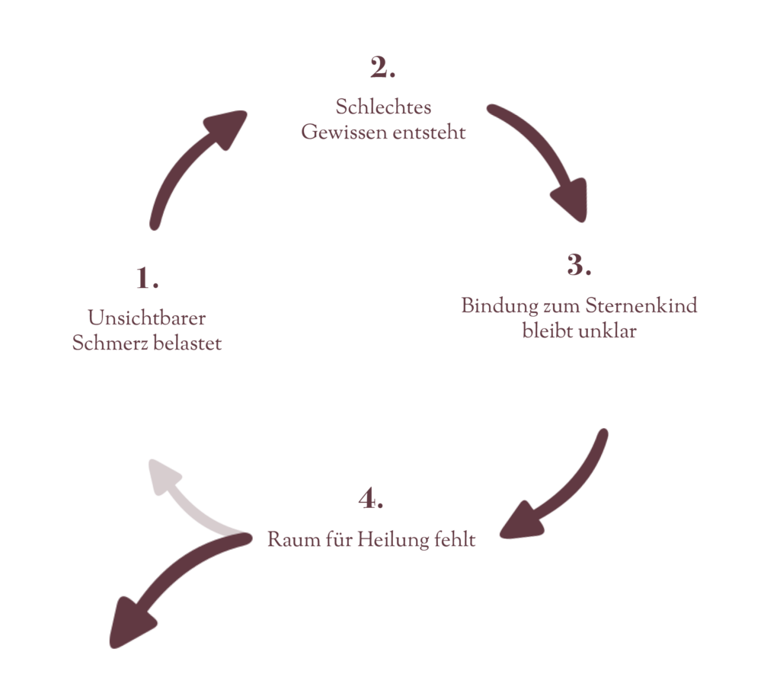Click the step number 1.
(146, 280)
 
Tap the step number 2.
(382, 69)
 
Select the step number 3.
(579, 266)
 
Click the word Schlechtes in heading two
(383, 107)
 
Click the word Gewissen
(343, 132)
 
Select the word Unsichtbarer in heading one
(146, 317)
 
